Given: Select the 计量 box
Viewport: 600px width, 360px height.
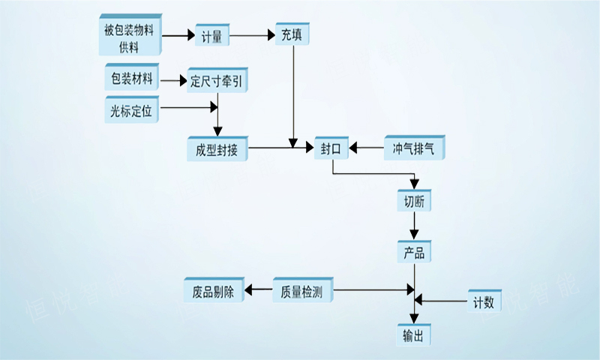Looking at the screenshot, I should pos(213,34).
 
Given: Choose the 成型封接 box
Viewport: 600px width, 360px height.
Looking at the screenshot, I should pos(217,148).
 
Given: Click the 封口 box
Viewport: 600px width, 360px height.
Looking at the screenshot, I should pos(331,148).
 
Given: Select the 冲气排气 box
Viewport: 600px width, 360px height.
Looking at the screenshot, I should pos(413,148).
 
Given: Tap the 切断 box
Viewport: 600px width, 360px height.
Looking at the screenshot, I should pos(414,201).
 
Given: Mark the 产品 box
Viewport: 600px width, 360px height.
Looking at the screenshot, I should pos(414,252).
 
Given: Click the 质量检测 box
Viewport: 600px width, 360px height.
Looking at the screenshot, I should pos(301,291).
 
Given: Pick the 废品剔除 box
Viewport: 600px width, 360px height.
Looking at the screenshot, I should pos(214,291).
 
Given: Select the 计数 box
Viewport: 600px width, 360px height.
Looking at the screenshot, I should pos(484,301).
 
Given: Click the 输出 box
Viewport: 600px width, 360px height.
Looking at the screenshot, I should pos(414,334).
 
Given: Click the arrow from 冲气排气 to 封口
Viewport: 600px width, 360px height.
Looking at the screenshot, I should pos(368,148).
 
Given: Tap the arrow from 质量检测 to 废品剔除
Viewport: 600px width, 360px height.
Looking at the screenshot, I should pos(259,291).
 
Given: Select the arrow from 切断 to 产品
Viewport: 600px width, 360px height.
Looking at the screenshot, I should pos(414,226).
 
